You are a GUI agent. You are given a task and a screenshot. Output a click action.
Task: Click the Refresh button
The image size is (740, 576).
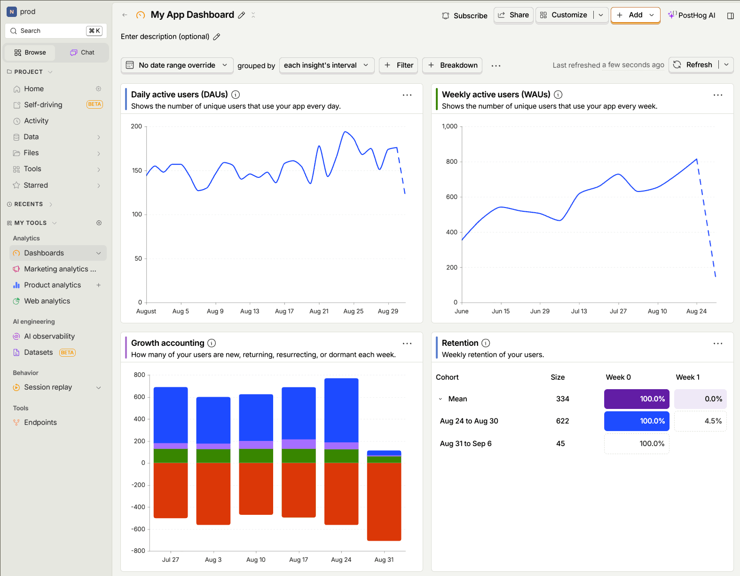[693, 65]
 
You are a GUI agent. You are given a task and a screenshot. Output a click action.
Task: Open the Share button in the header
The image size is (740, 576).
[513, 16]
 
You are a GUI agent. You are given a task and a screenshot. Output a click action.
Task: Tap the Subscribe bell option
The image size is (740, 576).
[464, 16]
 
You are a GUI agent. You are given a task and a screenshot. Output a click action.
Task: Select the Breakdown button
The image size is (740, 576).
[452, 65]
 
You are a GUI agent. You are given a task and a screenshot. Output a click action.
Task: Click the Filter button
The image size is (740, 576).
[398, 65]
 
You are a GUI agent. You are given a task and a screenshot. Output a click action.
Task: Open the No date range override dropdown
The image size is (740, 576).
[177, 65]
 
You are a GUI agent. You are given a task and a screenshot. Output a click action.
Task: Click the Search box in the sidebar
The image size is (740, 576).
[56, 31]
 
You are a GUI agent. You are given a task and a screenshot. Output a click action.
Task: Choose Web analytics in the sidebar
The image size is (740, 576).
[47, 301]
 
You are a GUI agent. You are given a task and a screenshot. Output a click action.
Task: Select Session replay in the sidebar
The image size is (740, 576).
[48, 387]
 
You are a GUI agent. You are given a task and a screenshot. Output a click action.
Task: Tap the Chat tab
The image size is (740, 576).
[82, 53]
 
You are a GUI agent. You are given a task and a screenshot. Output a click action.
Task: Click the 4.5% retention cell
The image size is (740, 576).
[700, 421]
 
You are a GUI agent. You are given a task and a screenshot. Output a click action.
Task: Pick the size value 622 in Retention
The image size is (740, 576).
[562, 421]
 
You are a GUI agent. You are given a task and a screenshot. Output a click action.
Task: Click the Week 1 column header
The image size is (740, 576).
[687, 377]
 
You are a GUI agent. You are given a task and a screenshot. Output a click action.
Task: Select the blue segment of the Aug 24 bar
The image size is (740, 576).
[341, 410]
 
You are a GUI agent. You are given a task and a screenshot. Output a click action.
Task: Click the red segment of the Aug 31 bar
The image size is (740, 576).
[384, 501]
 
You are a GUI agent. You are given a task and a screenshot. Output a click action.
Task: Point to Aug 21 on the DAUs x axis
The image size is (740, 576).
[319, 311]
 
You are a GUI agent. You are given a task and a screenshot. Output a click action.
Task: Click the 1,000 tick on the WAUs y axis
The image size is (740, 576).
[449, 127]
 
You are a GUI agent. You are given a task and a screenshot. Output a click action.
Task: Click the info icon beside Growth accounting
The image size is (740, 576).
[212, 343]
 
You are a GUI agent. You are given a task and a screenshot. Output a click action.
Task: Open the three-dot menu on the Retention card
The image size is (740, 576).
[718, 344]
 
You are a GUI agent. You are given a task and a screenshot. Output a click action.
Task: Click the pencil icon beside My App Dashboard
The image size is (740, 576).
[242, 15]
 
